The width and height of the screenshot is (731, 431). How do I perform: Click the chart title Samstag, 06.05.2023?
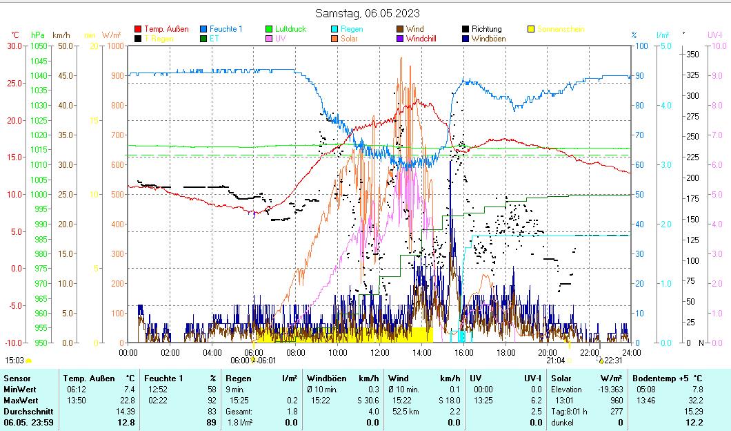click(x=367, y=13)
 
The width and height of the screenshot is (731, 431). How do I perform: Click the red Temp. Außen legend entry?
click(x=166, y=30)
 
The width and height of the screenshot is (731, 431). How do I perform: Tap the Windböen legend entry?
click(x=489, y=39)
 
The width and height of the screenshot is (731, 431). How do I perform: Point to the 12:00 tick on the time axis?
click(x=380, y=352)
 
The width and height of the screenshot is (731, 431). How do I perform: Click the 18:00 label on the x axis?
click(x=506, y=352)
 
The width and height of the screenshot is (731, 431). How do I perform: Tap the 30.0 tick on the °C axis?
click(x=14, y=46)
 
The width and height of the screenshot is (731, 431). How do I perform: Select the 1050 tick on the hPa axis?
click(x=39, y=46)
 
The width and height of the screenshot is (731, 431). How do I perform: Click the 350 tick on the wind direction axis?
click(x=693, y=55)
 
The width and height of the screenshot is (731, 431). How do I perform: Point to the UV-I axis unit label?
click(x=714, y=35)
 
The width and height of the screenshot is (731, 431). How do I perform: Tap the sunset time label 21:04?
click(x=555, y=360)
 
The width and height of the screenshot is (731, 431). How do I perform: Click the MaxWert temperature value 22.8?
click(x=129, y=400)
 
